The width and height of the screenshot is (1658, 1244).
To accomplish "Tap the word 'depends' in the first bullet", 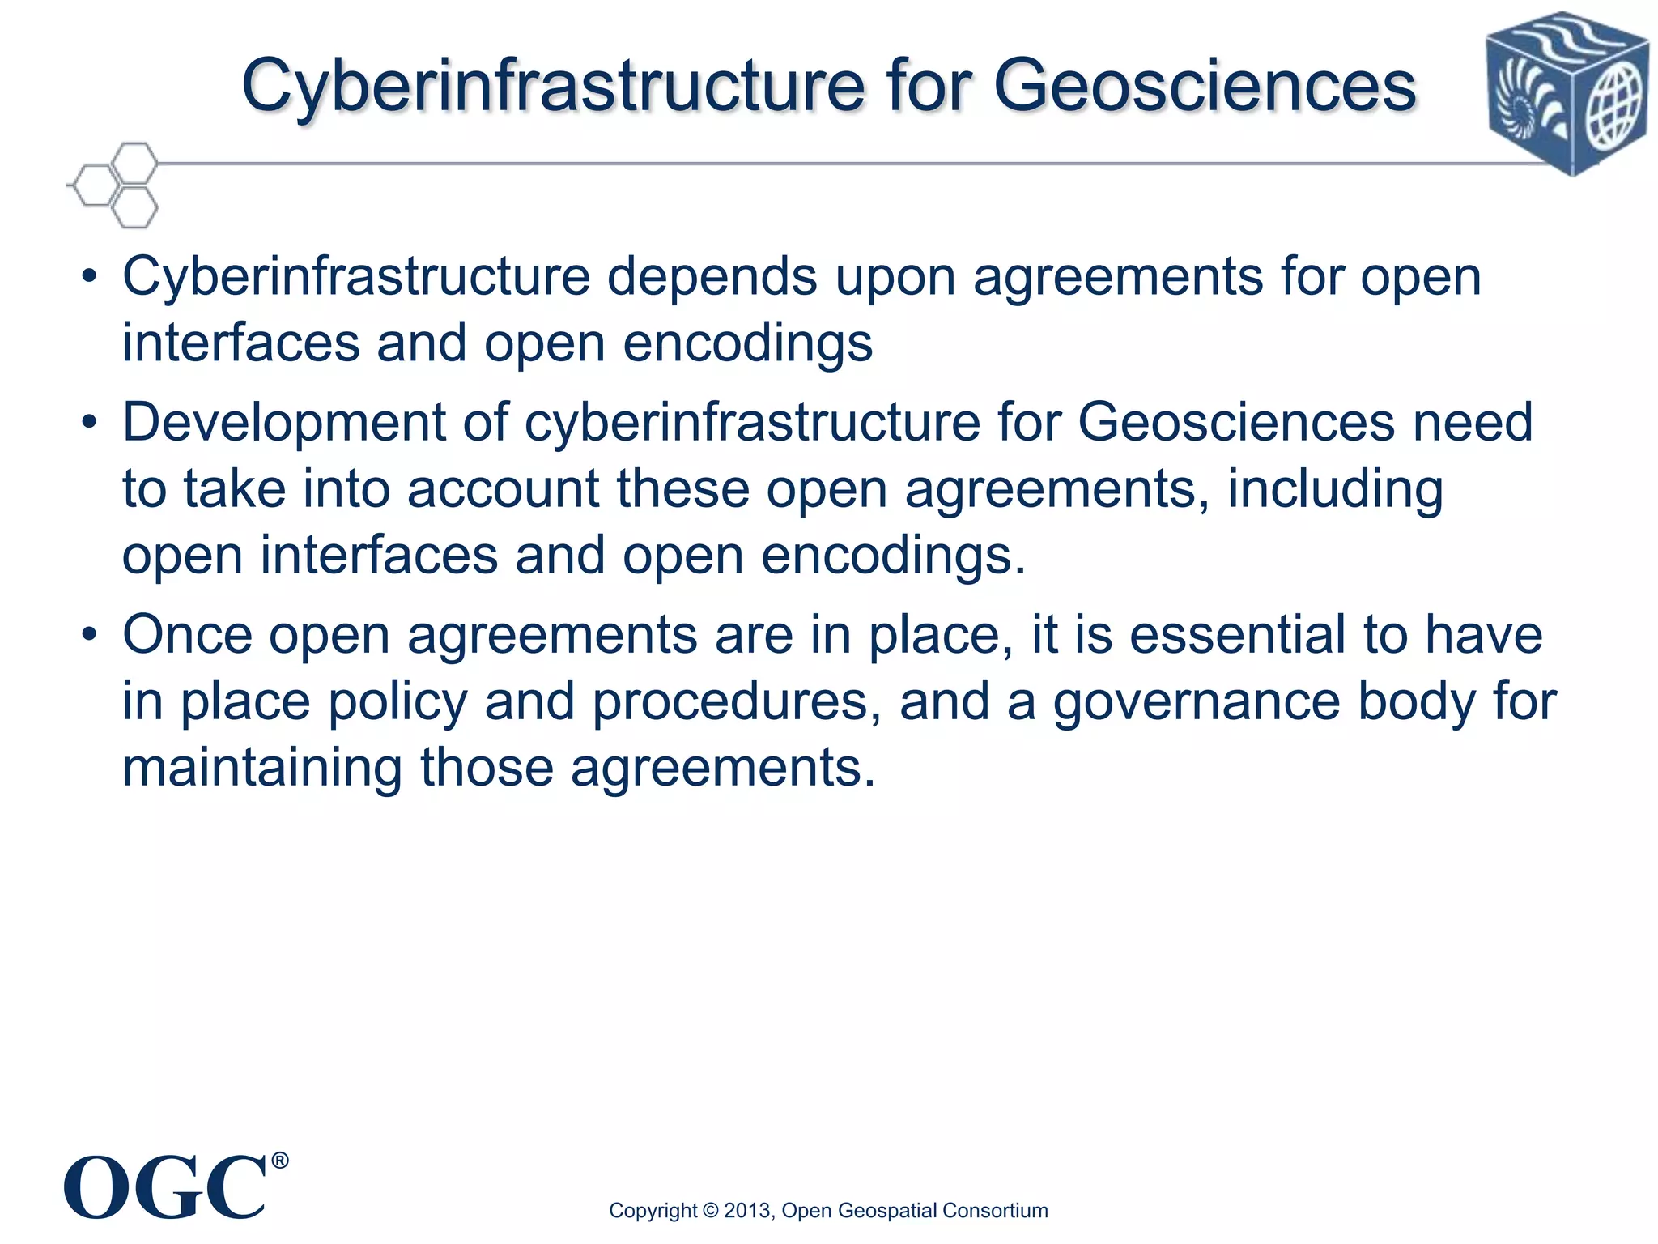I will click(x=712, y=277).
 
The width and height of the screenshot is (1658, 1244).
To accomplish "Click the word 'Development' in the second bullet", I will click(x=284, y=423).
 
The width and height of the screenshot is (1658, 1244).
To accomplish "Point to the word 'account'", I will click(x=503, y=489).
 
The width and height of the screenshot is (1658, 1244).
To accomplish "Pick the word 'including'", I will click(x=1335, y=491).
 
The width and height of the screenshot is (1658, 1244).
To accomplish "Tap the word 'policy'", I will click(x=397, y=702).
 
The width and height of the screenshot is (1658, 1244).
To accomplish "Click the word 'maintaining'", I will click(x=261, y=768).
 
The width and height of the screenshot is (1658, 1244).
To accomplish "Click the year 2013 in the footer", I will click(x=748, y=1211).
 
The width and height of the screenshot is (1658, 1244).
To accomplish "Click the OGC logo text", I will click(x=165, y=1188).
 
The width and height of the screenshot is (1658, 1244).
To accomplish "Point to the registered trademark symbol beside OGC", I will click(x=278, y=1161).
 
